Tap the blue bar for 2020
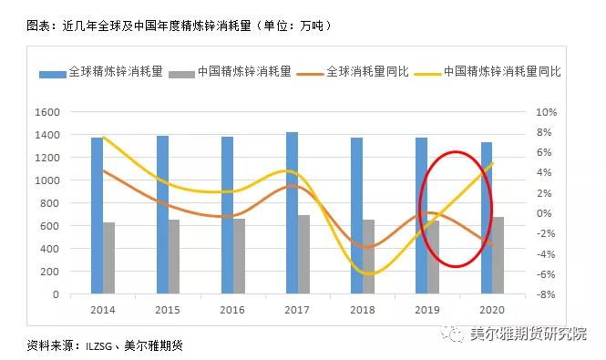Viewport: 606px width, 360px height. tap(486, 218)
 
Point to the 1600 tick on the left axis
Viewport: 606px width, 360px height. tap(46, 112)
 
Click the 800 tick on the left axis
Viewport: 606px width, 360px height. tap(50, 203)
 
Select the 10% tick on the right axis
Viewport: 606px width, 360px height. tap(545, 112)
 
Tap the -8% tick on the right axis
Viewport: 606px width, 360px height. tap(545, 294)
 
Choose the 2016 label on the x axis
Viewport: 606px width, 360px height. tap(232, 310)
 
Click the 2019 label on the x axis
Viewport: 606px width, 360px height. tap(427, 310)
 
